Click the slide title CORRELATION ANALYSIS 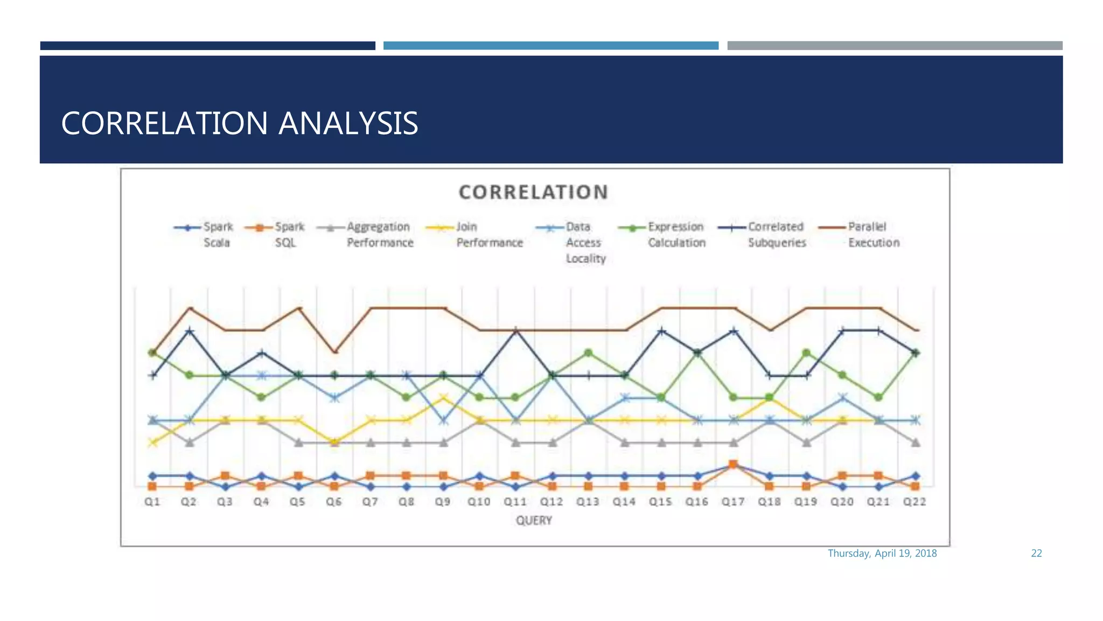pos(239,123)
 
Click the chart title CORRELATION pos(533,192)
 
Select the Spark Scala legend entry pos(205,234)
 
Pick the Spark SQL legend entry pos(276,234)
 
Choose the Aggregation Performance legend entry pos(366,234)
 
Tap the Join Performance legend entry pos(475,234)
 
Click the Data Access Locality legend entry pos(572,242)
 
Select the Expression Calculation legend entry pos(662,234)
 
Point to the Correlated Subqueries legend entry pos(763,234)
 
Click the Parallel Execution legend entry pos(860,234)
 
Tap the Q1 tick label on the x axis pos(152,502)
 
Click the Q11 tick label pos(515,502)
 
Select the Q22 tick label pos(914,502)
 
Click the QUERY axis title pos(534,521)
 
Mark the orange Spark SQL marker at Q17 pos(733,464)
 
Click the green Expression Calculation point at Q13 pos(588,353)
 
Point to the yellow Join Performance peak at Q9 pos(443,398)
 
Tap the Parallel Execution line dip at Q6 pos(334,353)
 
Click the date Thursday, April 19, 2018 pos(882,554)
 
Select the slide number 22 pos(1036,554)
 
